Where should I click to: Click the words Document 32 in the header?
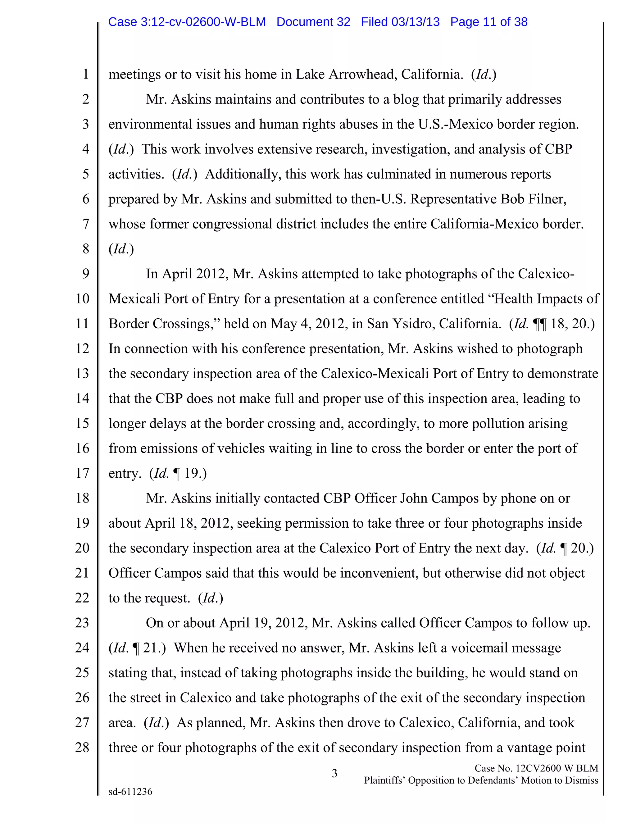pos(313,22)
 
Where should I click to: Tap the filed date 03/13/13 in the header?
pos(415,22)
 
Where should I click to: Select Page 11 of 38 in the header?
pos(489,22)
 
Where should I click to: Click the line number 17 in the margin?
pos(82,473)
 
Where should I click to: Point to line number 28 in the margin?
pos(82,747)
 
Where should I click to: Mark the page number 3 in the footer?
pos(334,773)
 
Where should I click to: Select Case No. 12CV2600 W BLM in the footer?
pos(536,768)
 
